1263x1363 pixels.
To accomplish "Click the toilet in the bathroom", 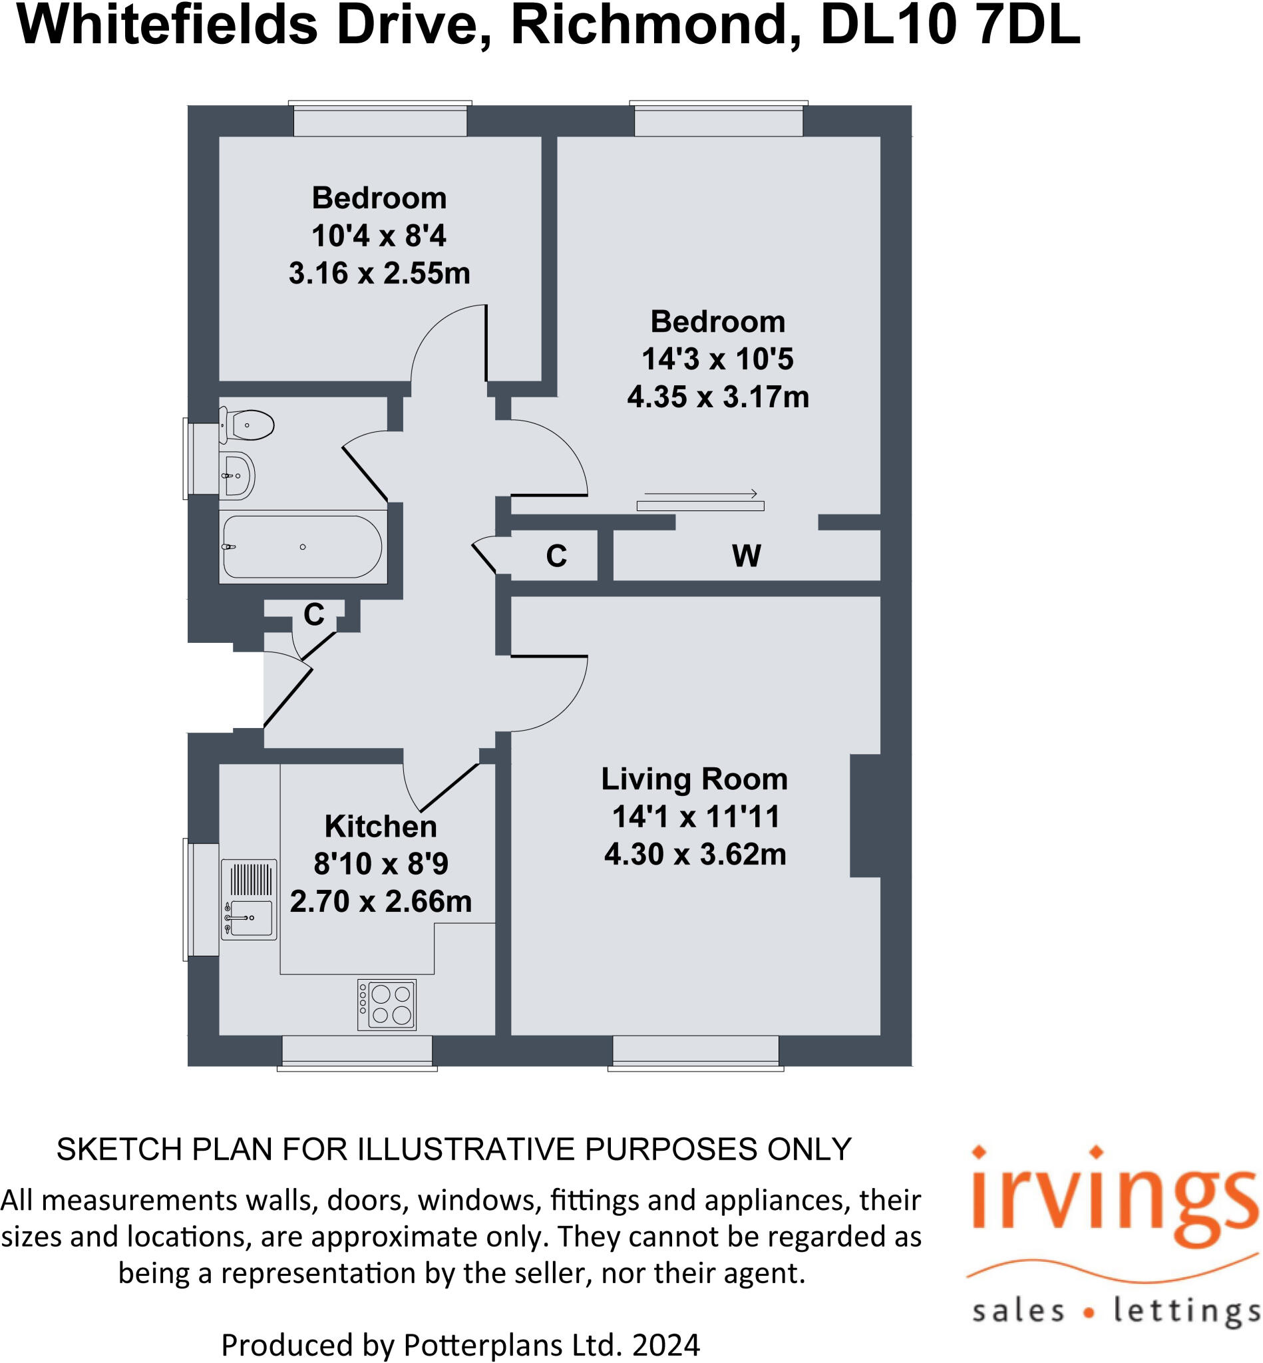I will pos(248,425).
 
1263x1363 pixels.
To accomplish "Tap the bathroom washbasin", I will pos(237,475).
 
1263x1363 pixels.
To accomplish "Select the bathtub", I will pos(302,547).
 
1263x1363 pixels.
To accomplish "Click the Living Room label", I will pos(694,779).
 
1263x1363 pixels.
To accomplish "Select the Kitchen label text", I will pos(380,827).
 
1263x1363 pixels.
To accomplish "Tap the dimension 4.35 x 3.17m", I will pos(717,397).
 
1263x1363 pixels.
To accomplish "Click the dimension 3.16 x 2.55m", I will pos(379,274).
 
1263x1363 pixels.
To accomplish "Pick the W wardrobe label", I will pos(746,556).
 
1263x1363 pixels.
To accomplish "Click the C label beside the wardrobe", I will pos(556,556).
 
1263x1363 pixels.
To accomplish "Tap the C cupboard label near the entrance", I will pos(313,614).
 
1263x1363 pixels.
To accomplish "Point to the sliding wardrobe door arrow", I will pos(700,494).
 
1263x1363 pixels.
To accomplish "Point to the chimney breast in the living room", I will pos(864,815).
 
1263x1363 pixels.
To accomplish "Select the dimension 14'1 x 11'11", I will pos(696,817).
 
